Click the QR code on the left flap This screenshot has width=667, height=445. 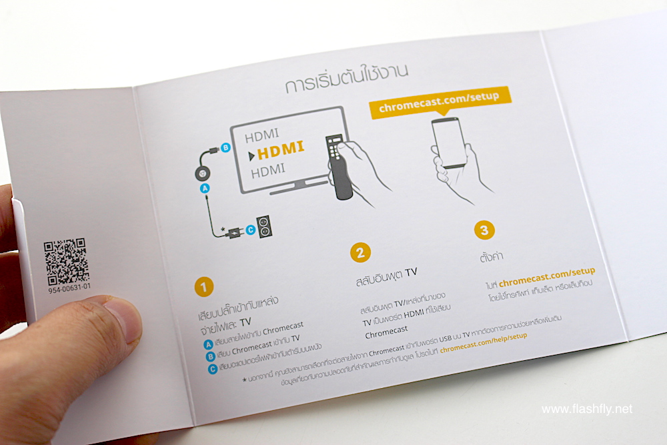pos(66,262)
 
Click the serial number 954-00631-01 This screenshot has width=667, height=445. pos(69,288)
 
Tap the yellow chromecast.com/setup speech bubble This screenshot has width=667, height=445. pos(440,103)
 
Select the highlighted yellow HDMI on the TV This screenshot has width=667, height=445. pos(281,149)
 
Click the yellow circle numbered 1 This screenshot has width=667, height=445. pos(203,287)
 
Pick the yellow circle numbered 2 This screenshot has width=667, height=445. pos(360,253)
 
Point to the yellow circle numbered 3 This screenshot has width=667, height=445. pos(484,230)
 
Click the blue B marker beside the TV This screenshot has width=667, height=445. pos(225,147)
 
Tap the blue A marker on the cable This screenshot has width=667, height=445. pos(205,188)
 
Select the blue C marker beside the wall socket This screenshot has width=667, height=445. pos(251,230)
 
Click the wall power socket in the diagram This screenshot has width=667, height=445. pos(264,226)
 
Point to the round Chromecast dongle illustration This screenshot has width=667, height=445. pos(203,173)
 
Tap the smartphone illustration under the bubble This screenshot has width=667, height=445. pos(449,143)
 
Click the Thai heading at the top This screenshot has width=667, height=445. pos(347,79)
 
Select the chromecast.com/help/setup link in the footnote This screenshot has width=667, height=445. pos(484,342)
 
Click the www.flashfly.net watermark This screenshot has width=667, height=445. pos(587,409)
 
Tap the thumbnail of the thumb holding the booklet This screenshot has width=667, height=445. pos(123,321)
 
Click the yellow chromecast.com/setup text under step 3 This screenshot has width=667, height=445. pos(547,277)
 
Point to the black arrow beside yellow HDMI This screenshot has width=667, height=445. pos(251,156)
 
